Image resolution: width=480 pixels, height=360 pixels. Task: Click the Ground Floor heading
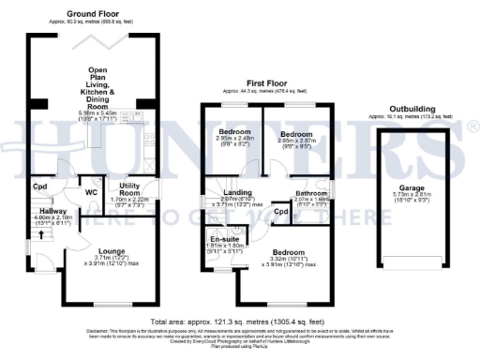[x=92, y=14]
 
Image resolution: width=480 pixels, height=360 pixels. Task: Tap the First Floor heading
[x=265, y=82]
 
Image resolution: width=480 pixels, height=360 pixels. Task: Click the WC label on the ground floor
[x=92, y=194]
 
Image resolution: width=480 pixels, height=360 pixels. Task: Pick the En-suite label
[x=223, y=240]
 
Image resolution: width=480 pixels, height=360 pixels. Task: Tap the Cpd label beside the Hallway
[x=39, y=187]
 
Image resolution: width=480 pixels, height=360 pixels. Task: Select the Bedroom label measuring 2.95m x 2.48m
[x=234, y=133]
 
